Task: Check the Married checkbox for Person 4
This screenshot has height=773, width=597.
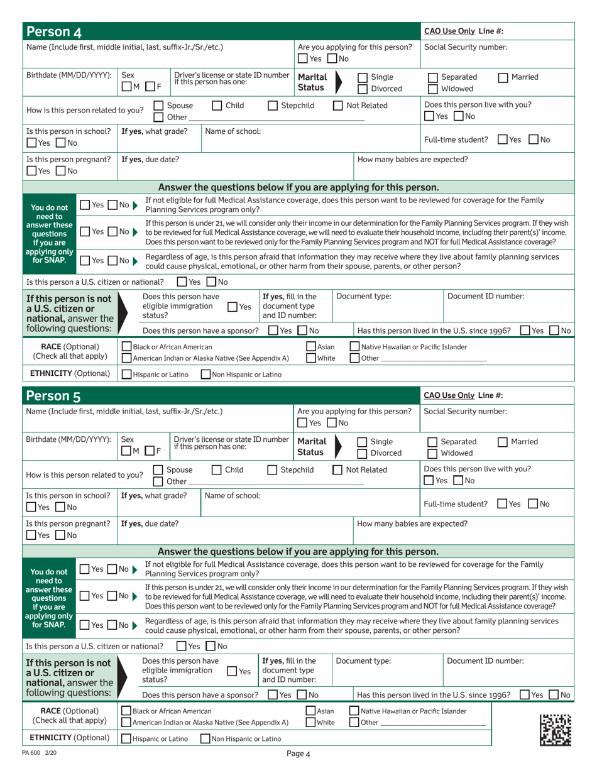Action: tap(503, 77)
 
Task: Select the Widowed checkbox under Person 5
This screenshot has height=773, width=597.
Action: tap(432, 454)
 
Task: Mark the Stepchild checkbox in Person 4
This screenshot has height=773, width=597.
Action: tap(273, 106)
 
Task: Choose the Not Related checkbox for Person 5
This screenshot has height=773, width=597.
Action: tap(337, 469)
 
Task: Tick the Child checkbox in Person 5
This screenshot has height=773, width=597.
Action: tap(217, 469)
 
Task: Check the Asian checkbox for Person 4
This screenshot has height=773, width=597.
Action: tap(311, 346)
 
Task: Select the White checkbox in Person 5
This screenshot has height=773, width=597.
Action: tap(311, 723)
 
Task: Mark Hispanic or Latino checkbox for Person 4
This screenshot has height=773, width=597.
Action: tap(127, 375)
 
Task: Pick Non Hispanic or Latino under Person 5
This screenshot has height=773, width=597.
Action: tap(205, 739)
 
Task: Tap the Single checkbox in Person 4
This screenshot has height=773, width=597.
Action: tap(363, 77)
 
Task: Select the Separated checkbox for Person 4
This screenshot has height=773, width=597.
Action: tap(432, 77)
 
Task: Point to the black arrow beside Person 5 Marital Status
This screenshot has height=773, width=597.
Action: tap(340, 447)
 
